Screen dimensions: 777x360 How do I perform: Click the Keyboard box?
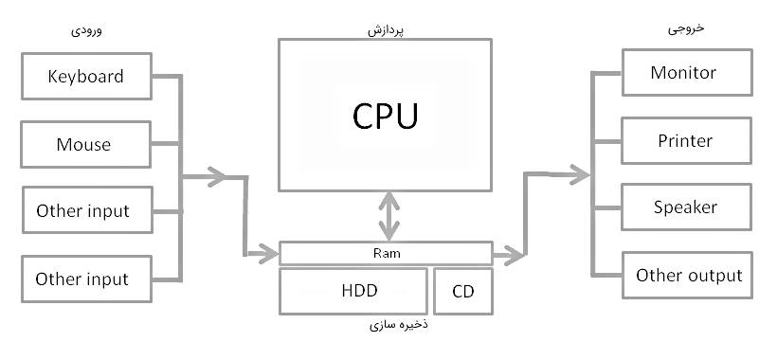(86, 76)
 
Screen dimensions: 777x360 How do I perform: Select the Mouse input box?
(85, 144)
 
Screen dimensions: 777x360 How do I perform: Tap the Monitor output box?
(687, 72)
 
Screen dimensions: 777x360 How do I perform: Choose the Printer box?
(686, 140)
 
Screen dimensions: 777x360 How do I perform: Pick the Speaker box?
(686, 207)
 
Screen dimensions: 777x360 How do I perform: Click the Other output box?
(687, 276)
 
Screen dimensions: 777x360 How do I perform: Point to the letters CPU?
(386, 116)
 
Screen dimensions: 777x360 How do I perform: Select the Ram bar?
(386, 254)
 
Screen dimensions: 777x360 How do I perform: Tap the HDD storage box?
(353, 291)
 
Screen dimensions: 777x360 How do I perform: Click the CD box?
(463, 291)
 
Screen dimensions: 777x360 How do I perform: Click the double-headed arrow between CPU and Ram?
(389, 216)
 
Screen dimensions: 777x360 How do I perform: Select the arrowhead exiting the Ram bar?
(514, 256)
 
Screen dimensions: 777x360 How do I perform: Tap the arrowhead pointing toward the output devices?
(579, 174)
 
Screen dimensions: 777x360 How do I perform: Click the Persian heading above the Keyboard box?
(87, 30)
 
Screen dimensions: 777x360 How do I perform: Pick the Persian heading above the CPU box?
(386, 29)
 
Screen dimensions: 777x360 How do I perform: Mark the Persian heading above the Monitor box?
(686, 28)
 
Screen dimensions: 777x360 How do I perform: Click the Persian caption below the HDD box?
(398, 325)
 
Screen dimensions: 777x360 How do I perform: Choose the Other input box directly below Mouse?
(86, 210)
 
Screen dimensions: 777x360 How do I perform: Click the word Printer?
(685, 140)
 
